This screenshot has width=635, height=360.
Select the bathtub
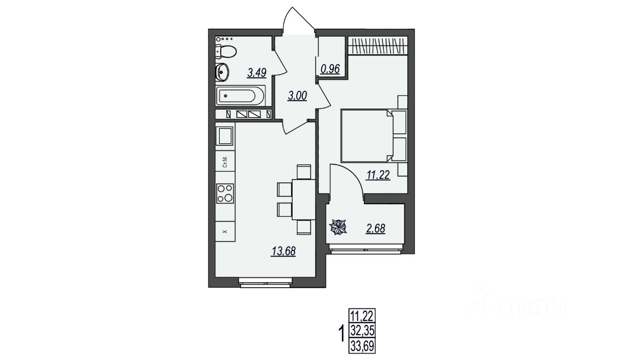click(241, 96)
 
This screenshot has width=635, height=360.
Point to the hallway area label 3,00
click(297, 96)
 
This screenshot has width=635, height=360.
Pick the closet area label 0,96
click(330, 69)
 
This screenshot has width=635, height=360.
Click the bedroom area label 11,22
click(379, 175)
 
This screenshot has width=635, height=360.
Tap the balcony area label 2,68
click(376, 229)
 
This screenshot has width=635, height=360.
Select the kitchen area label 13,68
click(284, 251)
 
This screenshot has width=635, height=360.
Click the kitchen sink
click(225, 136)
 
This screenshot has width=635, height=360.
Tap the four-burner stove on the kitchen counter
click(225, 193)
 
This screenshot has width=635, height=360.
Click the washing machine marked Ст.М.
click(225, 161)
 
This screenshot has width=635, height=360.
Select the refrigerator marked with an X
click(225, 232)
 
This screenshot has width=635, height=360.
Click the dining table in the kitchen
click(304, 199)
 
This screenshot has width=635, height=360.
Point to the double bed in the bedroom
click(374, 136)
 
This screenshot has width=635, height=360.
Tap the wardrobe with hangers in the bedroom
click(378, 46)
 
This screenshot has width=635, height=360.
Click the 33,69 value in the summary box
click(362, 346)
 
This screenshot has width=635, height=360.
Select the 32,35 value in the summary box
click(362, 330)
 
